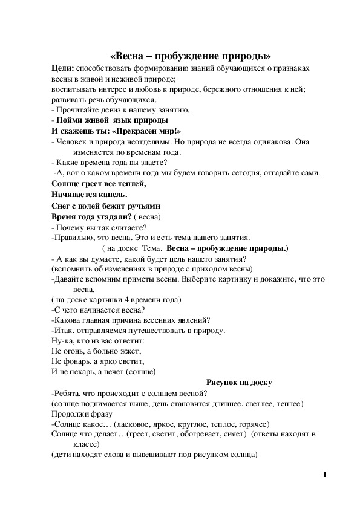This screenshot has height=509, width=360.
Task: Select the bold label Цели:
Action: (x=64, y=70)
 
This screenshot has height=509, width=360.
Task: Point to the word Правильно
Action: (x=73, y=238)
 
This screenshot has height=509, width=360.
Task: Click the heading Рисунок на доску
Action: (x=240, y=382)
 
